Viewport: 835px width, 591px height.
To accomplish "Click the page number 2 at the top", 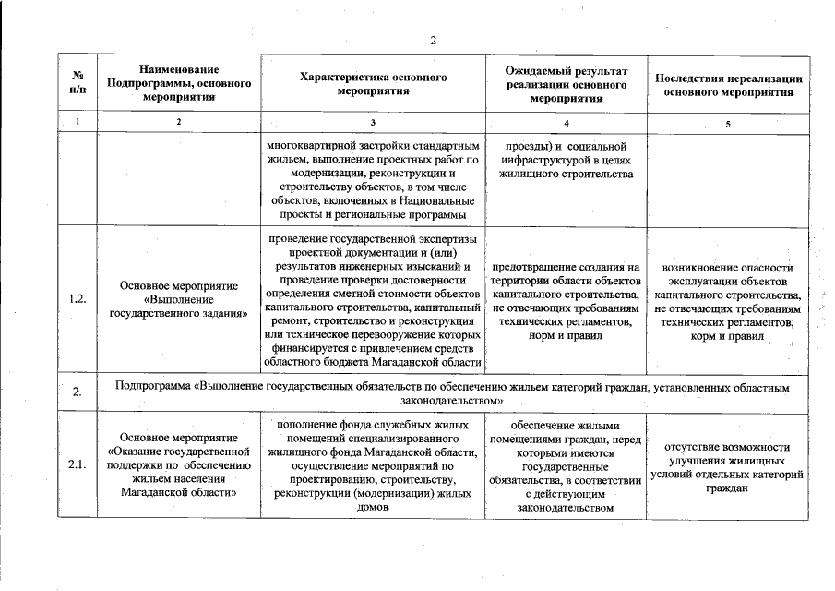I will pos(432,40).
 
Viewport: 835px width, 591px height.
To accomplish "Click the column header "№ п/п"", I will pos(77,84).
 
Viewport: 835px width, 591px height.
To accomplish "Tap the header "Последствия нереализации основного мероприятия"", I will pos(729,85).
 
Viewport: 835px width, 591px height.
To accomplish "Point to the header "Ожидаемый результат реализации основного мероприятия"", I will pos(567,84).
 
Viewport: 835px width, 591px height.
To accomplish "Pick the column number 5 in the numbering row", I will pos(729,124).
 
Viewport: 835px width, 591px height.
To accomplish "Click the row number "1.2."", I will pos(77,299).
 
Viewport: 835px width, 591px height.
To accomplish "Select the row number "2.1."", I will pos(77,464).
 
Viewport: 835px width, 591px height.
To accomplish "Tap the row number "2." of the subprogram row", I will pos(77,392).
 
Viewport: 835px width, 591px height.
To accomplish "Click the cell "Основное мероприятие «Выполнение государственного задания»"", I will pos(179,299).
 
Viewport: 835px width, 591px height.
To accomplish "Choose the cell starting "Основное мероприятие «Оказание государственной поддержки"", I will pos(179,464).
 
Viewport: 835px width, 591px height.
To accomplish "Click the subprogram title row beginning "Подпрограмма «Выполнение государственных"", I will pos(452,392).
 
